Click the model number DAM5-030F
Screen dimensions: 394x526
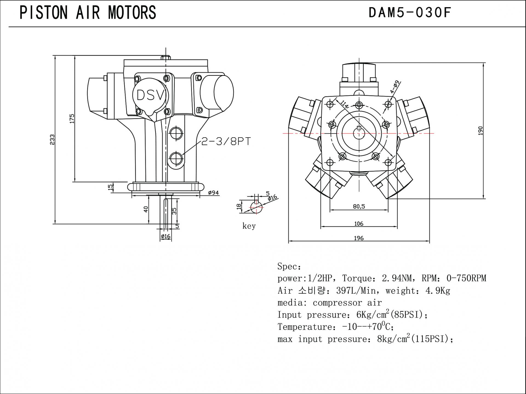tap(409, 13)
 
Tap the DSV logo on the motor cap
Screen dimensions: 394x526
tap(150, 95)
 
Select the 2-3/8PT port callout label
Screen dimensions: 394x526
tap(226, 142)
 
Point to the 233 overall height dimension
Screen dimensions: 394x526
tap(52, 139)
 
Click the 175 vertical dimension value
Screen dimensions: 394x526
tap(72, 119)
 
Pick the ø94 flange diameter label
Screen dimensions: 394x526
tap(213, 193)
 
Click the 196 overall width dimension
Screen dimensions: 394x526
tap(359, 238)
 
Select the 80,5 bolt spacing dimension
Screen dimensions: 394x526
tap(359, 207)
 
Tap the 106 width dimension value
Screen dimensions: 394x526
tap(359, 224)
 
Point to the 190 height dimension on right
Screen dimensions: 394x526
tap(480, 131)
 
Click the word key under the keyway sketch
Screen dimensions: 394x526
tap(249, 226)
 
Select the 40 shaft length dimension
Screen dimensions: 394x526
tap(146, 209)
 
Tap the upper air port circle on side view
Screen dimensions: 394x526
tap(176, 134)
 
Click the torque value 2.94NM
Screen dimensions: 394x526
tap(396, 278)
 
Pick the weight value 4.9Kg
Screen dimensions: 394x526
tap(438, 291)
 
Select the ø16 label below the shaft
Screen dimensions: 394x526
tap(165, 236)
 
